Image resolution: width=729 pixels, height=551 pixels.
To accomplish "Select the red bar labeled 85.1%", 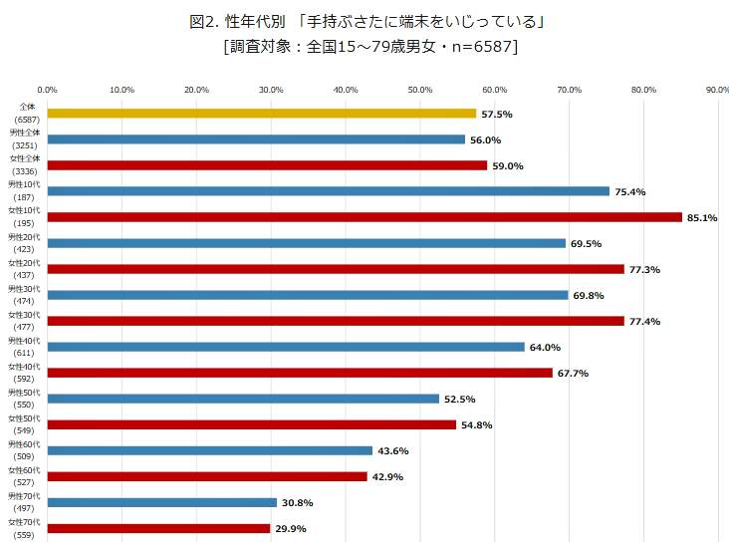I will click(364, 217).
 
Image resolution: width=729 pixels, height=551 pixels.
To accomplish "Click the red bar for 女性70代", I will click(158, 528).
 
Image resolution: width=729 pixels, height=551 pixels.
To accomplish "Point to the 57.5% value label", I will click(496, 115).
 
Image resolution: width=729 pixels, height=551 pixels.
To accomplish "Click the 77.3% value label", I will click(644, 270).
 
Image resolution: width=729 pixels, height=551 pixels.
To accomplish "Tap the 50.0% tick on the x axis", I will click(419, 90).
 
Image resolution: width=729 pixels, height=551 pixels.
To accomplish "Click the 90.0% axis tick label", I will click(717, 90).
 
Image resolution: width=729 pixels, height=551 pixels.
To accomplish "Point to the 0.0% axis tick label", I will click(47, 90).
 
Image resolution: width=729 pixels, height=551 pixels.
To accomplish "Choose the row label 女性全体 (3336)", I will click(25, 165).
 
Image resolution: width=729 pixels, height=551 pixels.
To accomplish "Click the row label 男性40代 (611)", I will click(25, 347).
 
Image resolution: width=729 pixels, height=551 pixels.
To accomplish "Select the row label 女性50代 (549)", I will click(25, 424).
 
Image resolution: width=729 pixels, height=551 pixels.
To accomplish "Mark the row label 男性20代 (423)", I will click(25, 243).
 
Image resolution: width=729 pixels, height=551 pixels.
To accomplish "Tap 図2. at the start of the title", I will click(203, 21).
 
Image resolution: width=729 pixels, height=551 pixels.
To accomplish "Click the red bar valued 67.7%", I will click(300, 373).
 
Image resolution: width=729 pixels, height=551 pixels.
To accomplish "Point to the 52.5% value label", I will click(459, 400).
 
